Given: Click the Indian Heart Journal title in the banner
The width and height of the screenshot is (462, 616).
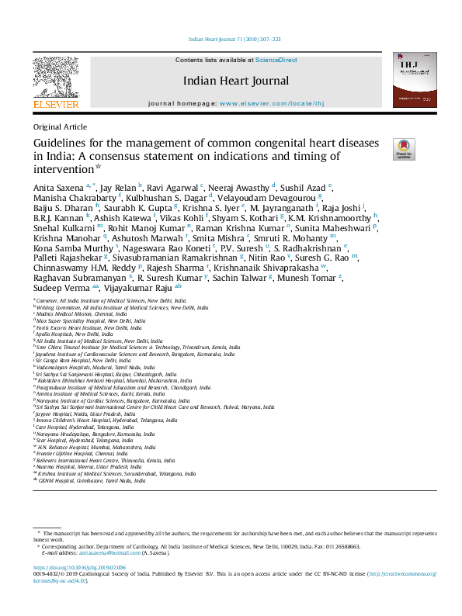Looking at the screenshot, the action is coord(235,81).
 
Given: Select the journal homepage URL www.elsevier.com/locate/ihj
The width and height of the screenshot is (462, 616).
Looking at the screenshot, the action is coord(271,102).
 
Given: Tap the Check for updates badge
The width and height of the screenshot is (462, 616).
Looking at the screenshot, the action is coord(404,149).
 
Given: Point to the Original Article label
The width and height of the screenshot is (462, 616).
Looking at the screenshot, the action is coord(60,127).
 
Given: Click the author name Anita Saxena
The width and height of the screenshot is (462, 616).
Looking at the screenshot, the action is coord(59,187).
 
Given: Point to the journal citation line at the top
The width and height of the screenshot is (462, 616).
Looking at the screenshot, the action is coord(231,38).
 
